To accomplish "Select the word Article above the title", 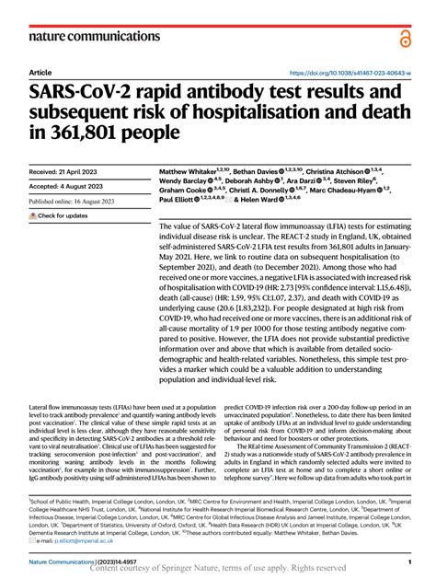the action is click(40, 72).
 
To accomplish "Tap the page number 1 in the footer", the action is click(407, 559).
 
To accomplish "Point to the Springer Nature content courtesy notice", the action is click(217, 569).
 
